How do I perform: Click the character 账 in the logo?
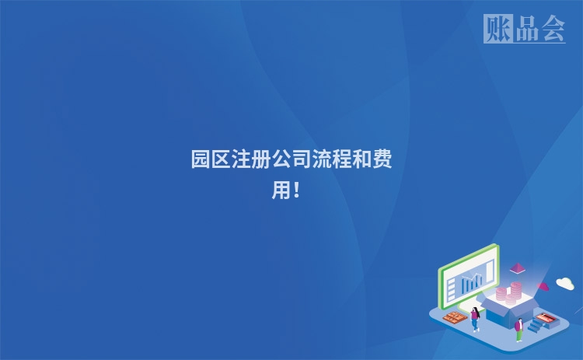pos(497,29)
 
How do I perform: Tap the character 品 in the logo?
pos(525,30)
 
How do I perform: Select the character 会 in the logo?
pos(552,30)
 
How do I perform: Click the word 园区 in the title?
pos(211,160)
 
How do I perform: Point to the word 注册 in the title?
pos(251,160)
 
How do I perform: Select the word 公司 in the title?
pos(291,160)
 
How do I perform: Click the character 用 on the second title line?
pos(281,190)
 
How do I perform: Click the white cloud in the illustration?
pos(565,283)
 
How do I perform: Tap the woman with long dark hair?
pos(475,318)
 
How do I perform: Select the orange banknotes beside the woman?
pos(453,316)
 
